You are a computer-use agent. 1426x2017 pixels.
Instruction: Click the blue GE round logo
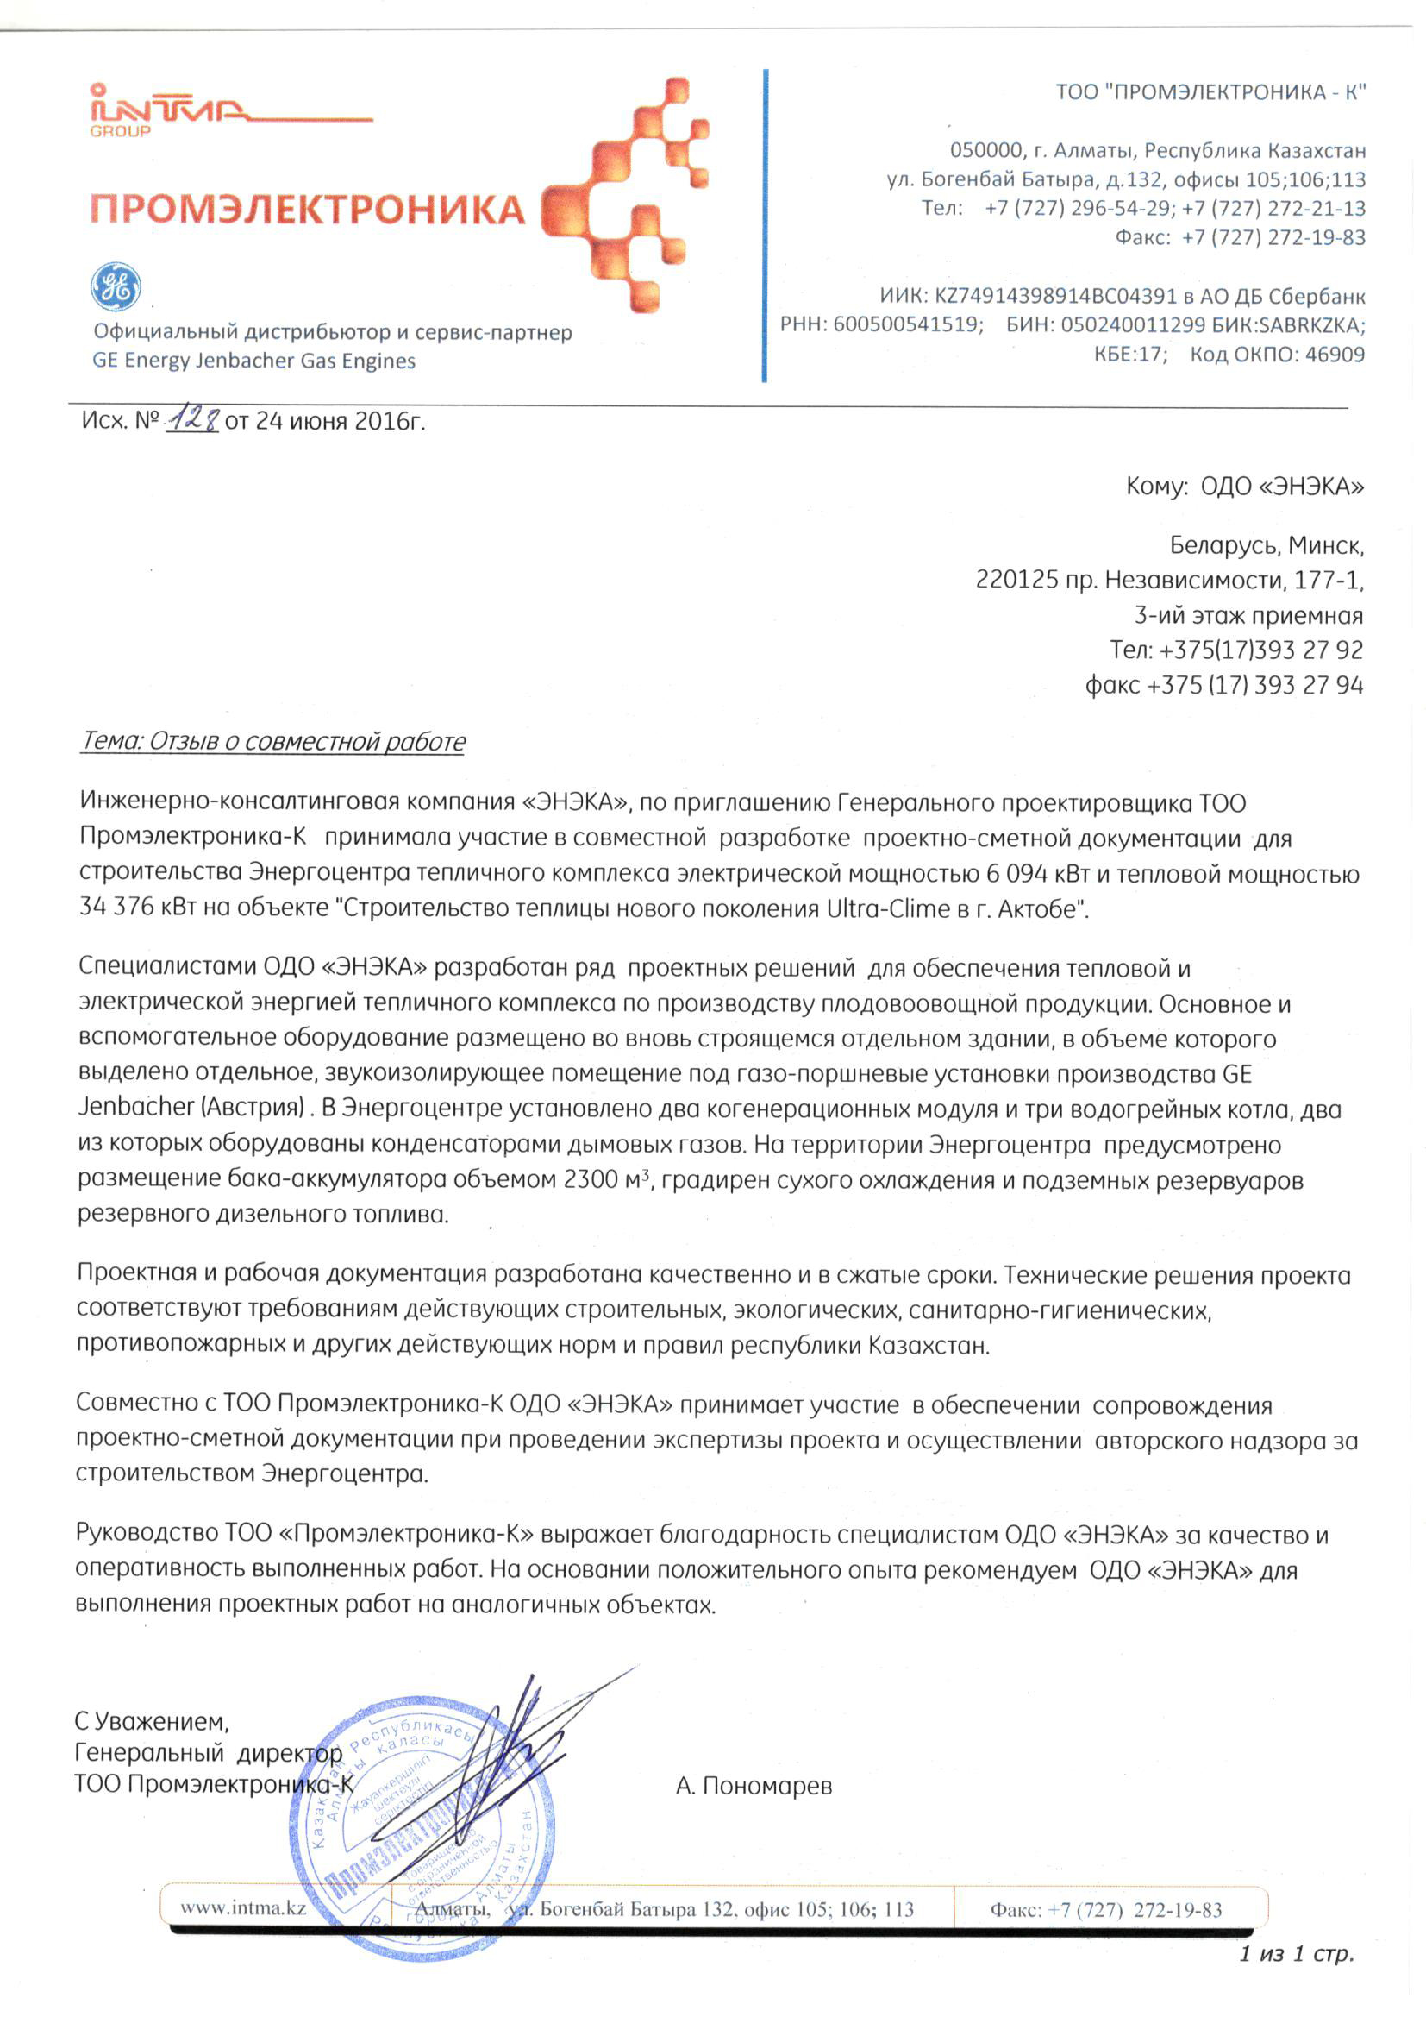tap(116, 286)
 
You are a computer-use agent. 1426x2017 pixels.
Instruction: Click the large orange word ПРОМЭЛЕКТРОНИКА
tap(307, 210)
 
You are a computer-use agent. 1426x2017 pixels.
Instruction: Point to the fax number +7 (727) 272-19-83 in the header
tap(1273, 237)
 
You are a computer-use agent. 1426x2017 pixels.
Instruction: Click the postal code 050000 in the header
tap(986, 150)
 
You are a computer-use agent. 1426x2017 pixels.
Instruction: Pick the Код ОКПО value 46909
tap(1335, 354)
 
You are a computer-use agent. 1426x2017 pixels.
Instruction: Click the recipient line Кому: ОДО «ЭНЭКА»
tap(1244, 487)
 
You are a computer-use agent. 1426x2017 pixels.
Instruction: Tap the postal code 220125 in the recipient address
tap(1016, 580)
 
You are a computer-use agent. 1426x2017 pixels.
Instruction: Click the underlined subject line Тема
tap(273, 741)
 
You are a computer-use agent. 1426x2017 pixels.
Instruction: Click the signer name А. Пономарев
tap(754, 1786)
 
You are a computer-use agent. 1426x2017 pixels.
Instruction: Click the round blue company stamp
tap(422, 1836)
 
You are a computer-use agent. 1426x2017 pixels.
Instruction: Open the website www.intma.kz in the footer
tap(243, 1908)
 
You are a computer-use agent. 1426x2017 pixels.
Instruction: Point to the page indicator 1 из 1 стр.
tap(1296, 1954)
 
